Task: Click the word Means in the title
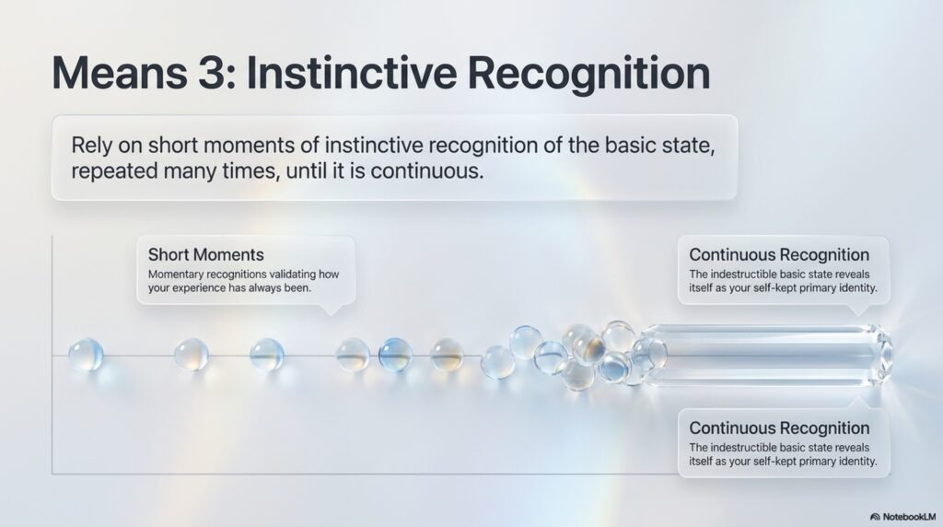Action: point(120,73)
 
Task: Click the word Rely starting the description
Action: point(92,146)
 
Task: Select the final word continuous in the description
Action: point(427,171)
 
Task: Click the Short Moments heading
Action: point(205,254)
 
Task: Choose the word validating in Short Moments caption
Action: point(286,275)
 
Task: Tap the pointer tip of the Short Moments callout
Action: point(331,315)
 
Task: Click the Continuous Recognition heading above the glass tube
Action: point(779,254)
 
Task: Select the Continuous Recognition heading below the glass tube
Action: point(779,427)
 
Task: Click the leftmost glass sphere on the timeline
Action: point(86,355)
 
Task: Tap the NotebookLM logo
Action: point(903,517)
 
